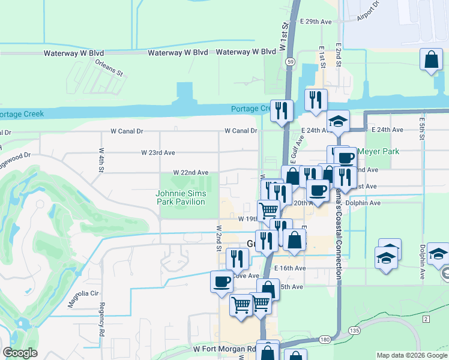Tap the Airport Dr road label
click(368, 11)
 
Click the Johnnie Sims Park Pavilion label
click(181, 197)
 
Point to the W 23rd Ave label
click(158, 152)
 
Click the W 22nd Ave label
click(191, 172)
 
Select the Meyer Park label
click(378, 152)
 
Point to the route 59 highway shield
click(290, 61)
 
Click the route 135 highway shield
click(354, 330)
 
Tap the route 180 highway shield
click(324, 339)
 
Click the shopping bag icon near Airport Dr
click(432, 60)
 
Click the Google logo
click(20, 353)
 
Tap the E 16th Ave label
click(289, 268)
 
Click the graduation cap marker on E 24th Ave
click(339, 121)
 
